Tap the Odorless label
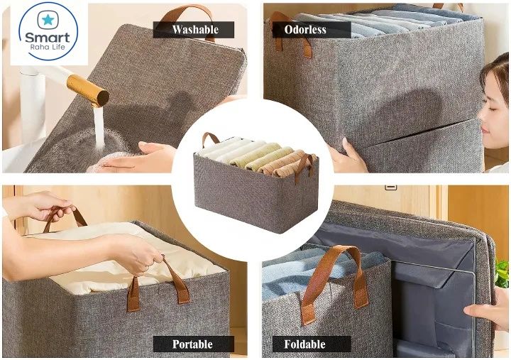(305, 30)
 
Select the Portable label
(192, 344)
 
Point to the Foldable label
(304, 344)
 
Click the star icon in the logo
(48, 19)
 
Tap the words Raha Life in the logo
(48, 48)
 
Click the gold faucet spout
(88, 90)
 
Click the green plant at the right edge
(502, 273)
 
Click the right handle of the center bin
(306, 168)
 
